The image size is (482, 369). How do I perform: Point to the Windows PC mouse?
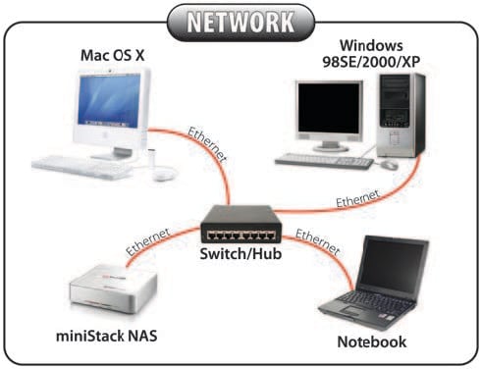click(x=391, y=165)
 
